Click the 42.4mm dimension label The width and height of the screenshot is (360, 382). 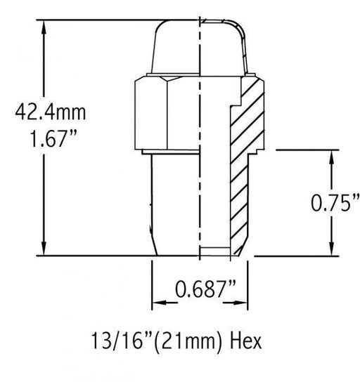tap(51, 112)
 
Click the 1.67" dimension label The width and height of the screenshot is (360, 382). tap(53, 138)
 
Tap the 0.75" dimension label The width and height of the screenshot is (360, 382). tap(335, 203)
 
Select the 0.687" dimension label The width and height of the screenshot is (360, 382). tap(205, 289)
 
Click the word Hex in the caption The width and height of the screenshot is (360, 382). tap(246, 341)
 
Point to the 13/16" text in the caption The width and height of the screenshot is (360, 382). tap(122, 341)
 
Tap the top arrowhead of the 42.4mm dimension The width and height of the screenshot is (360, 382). tap(44, 28)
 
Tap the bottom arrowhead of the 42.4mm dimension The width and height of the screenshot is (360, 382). tap(44, 249)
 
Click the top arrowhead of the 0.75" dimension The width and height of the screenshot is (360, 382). tap(331, 157)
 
